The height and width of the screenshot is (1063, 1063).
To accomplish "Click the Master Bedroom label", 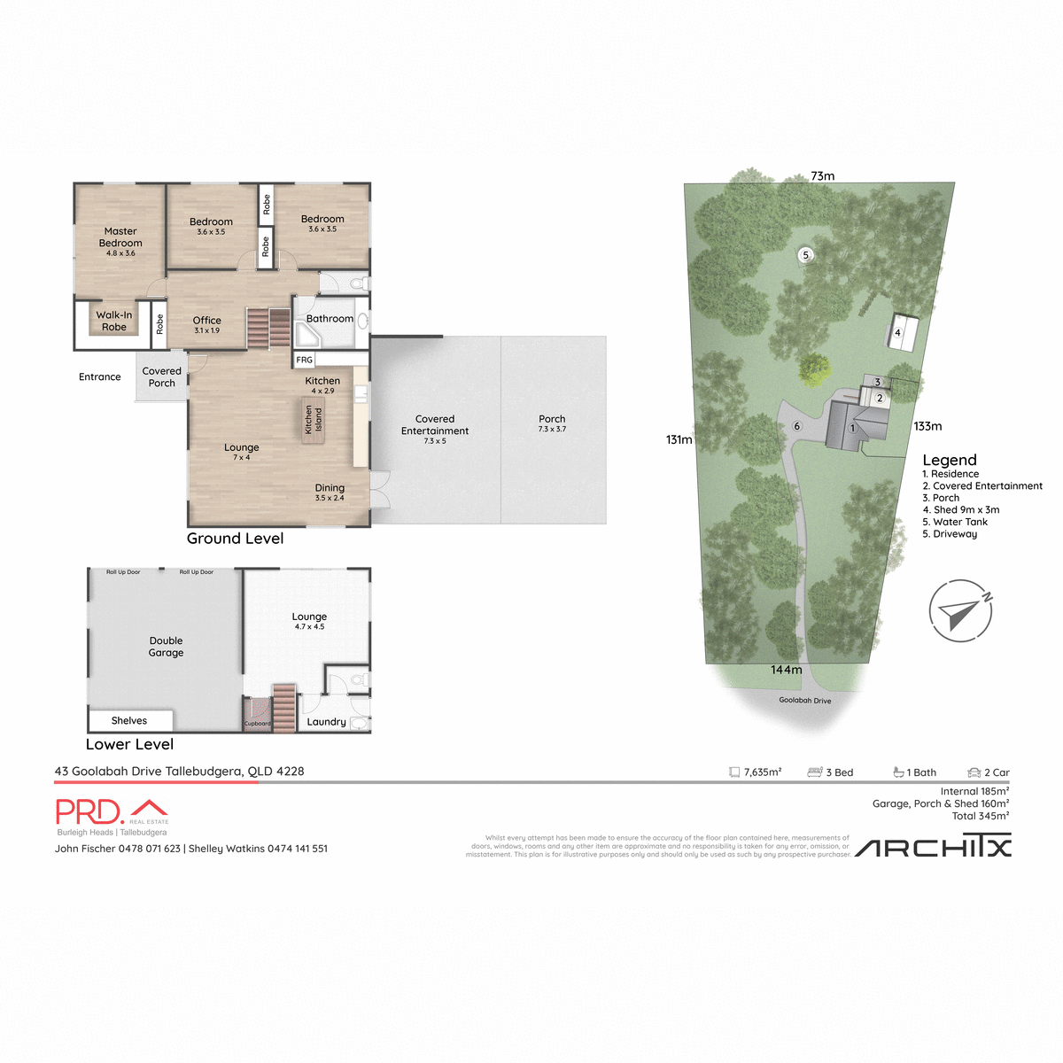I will click(x=120, y=237).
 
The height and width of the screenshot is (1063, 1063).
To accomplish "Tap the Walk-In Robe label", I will click(x=113, y=321).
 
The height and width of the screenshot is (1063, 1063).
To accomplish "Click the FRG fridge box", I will click(x=305, y=360).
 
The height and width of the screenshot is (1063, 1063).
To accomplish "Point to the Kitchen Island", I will click(x=313, y=419).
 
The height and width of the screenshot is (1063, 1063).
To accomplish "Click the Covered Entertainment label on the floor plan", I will click(x=435, y=425).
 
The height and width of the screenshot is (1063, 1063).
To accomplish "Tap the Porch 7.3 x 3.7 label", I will click(x=552, y=423).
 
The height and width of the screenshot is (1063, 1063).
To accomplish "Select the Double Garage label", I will click(x=166, y=647).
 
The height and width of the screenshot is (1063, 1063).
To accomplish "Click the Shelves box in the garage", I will click(x=130, y=720).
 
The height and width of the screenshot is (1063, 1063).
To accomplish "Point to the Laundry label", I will click(x=326, y=722).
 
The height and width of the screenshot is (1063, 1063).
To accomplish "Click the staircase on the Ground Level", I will click(x=268, y=328).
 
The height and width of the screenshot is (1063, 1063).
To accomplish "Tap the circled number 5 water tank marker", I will click(x=805, y=255).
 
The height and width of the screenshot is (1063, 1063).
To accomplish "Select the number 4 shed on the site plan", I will click(x=897, y=333).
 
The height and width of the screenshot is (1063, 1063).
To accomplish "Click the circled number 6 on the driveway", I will click(x=796, y=426).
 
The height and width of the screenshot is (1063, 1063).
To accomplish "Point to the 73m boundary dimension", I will click(x=822, y=175).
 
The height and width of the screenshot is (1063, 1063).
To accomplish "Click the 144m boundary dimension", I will click(x=786, y=670).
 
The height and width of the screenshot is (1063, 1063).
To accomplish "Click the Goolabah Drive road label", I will click(x=804, y=701).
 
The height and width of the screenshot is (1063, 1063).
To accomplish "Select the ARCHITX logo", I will click(x=933, y=848).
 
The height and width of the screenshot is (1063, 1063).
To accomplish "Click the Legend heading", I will click(x=949, y=460).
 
